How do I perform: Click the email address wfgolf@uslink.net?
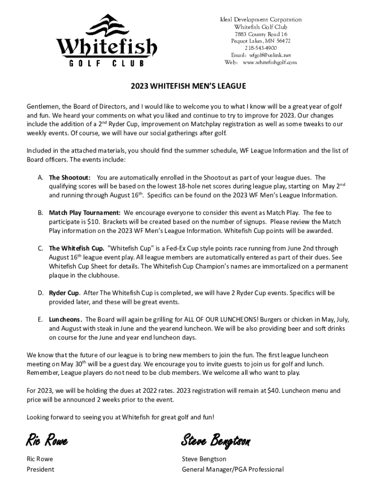pyautogui.click(x=270, y=55)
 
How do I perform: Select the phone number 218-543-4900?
pyautogui.click(x=260, y=48)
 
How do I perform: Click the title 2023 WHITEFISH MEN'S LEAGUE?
pyautogui.click(x=188, y=86)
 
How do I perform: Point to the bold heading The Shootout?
pyautogui.click(x=69, y=178)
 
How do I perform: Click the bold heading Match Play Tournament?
pyautogui.click(x=85, y=213)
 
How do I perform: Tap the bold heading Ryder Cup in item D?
pyautogui.click(x=64, y=293)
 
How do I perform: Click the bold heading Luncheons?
pyautogui.click(x=65, y=319)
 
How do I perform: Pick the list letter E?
pyautogui.click(x=40, y=319)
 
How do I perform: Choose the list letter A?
pyautogui.click(x=40, y=178)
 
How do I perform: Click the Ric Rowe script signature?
pyautogui.click(x=47, y=441)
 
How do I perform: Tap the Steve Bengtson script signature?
pyautogui.click(x=215, y=441)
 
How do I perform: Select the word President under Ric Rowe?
pyautogui.click(x=40, y=469)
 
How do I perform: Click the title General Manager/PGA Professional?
pyautogui.click(x=233, y=469)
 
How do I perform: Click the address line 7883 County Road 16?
pyautogui.click(x=260, y=34)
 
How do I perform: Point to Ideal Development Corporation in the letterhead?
pyautogui.click(x=260, y=20)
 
